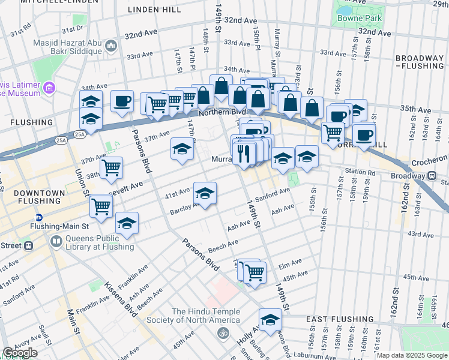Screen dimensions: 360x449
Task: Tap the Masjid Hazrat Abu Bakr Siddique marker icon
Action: pos(110,46)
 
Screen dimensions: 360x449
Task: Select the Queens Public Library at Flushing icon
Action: pos(56,242)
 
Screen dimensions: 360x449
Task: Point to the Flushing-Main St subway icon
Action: pos(39,217)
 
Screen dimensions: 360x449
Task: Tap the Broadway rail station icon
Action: pos(432,176)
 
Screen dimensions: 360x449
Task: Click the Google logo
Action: pos(20,353)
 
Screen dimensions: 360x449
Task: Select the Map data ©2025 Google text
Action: pos(411,355)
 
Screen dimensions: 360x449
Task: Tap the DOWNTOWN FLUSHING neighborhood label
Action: pos(30,197)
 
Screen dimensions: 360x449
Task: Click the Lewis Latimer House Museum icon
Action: pos(49,89)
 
